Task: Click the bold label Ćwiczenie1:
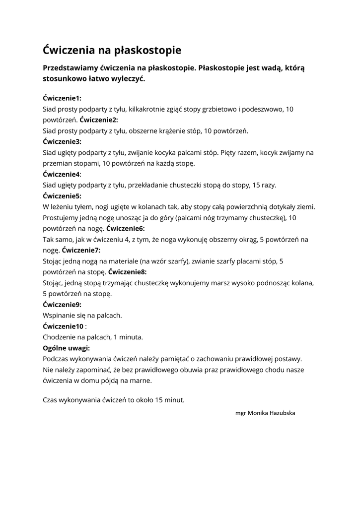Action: [62, 98]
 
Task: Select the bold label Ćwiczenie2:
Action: [99, 120]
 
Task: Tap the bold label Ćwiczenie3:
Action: [62, 141]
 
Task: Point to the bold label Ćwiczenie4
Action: [61, 174]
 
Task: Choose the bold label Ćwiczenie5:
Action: [62, 196]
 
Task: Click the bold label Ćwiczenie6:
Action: [125, 229]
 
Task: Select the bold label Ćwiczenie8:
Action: [127, 272]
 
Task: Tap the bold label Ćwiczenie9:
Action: [62, 304]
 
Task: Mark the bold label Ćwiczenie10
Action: [63, 326]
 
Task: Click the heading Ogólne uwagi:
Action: [67, 348]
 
